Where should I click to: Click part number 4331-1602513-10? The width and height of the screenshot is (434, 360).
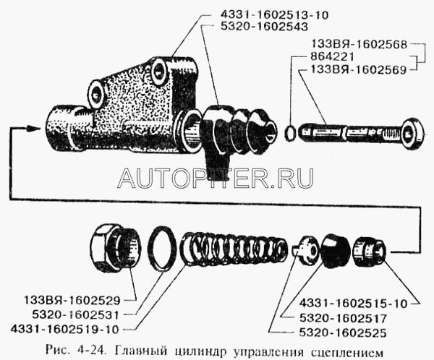pyautogui.click(x=274, y=15)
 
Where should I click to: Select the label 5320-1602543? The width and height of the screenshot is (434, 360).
pyautogui.click(x=264, y=27)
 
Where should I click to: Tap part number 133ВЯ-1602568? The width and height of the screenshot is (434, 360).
pyautogui.click(x=359, y=44)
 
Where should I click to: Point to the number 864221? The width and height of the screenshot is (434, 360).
pyautogui.click(x=332, y=56)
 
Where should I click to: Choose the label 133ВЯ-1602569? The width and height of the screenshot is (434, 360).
pyautogui.click(x=359, y=69)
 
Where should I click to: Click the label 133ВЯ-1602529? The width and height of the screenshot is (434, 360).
pyautogui.click(x=72, y=301)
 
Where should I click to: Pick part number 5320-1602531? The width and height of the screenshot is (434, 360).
pyautogui.click(x=75, y=315)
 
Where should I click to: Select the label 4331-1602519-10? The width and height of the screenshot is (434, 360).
pyautogui.click(x=64, y=330)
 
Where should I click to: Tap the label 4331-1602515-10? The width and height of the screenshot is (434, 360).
pyautogui.click(x=353, y=304)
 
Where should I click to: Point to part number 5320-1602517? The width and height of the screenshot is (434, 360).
pyautogui.click(x=343, y=319)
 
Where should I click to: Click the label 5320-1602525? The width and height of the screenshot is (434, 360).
pyautogui.click(x=342, y=333)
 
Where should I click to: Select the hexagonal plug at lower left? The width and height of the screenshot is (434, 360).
pyautogui.click(x=116, y=248)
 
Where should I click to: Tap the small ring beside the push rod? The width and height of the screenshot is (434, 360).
pyautogui.click(x=290, y=132)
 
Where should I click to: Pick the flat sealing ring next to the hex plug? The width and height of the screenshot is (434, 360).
pyautogui.click(x=162, y=248)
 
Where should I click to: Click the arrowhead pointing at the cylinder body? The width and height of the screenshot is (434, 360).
pyautogui.click(x=34, y=128)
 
